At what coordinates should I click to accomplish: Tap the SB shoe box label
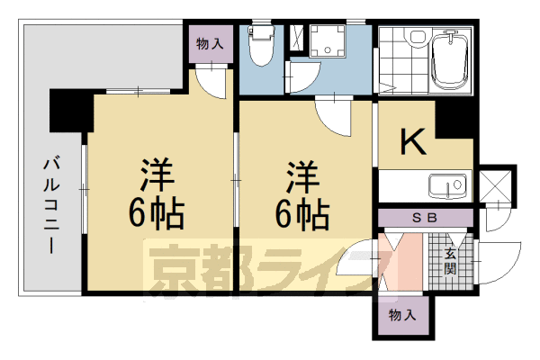[x=424, y=217]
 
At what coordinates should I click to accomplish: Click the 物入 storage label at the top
[x=210, y=41]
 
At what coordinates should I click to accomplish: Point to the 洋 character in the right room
[x=302, y=173]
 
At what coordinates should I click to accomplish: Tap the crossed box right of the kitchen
[x=495, y=186]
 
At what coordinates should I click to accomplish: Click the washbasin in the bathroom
[x=416, y=37]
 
